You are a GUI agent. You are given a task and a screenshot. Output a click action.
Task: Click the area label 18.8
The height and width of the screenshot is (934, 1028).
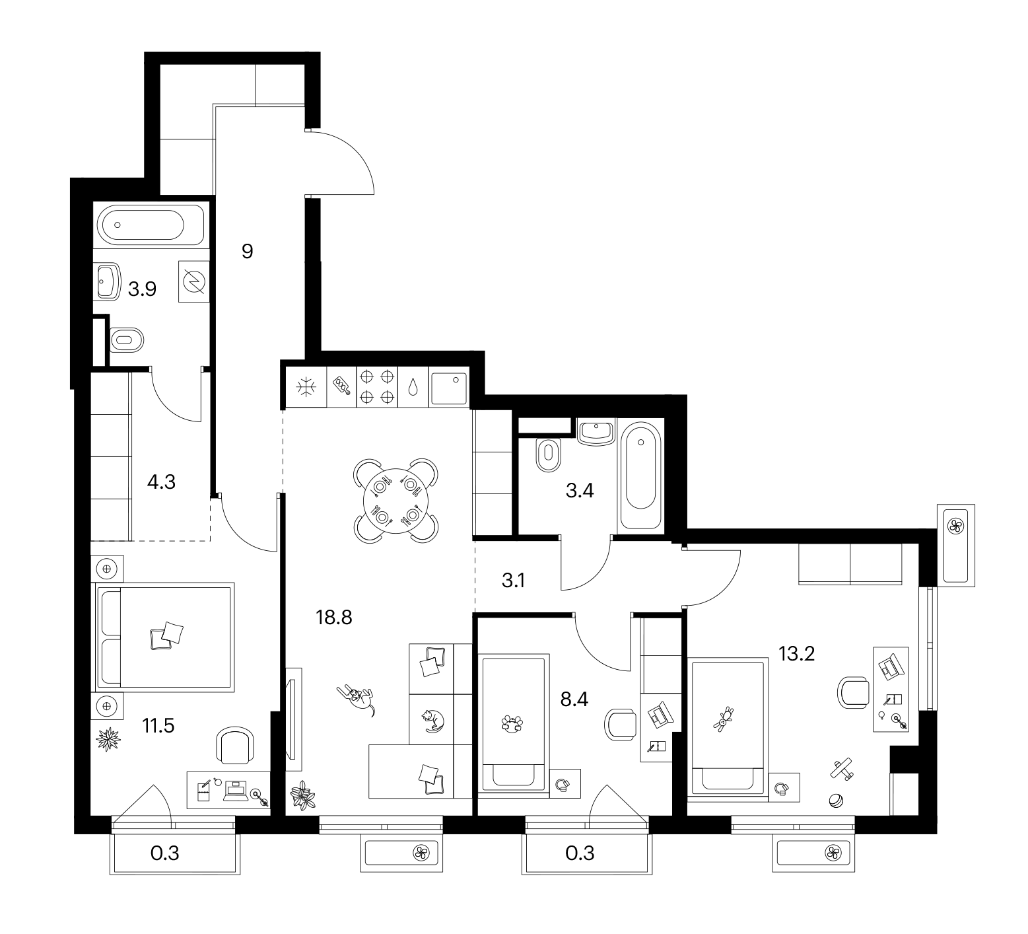point(335,618)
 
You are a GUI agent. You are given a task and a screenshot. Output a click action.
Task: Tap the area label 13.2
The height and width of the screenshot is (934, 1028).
point(797,653)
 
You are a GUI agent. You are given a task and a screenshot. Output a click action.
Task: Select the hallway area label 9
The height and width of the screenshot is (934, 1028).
point(248,251)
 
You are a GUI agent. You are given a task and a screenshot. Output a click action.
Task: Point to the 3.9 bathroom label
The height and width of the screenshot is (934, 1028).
point(142,289)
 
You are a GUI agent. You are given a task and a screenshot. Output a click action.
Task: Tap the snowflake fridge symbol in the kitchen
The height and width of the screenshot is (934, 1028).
point(305,387)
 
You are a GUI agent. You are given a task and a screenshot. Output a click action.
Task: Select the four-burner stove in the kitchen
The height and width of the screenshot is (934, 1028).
point(378,386)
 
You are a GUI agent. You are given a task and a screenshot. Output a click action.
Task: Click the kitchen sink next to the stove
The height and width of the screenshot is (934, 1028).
point(448,388)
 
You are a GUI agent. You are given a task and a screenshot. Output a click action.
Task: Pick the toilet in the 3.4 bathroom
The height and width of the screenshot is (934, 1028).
point(547,454)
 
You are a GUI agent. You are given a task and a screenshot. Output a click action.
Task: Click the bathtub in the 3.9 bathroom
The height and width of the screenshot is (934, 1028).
point(141,225)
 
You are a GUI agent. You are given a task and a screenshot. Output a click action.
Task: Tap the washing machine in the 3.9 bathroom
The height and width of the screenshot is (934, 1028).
point(194,281)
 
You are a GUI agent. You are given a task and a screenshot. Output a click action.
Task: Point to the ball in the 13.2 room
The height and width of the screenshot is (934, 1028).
point(835,800)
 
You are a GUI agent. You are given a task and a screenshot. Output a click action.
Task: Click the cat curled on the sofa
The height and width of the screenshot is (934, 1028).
point(433,720)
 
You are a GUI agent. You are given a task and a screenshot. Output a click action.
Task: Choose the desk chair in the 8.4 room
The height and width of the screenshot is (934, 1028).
point(621,725)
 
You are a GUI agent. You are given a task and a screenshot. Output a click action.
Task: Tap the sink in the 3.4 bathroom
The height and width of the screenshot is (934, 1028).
point(597,431)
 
